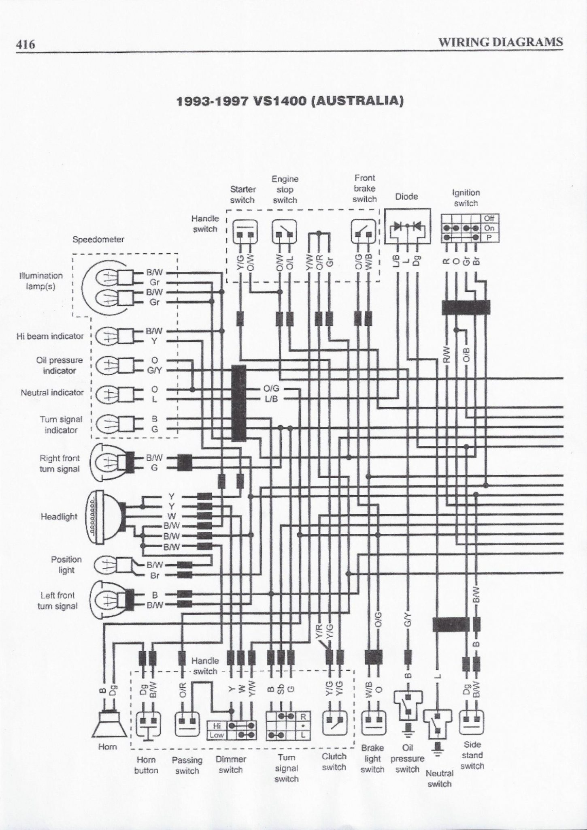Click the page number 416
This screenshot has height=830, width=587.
tap(25, 43)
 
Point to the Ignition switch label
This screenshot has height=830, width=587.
tap(466, 198)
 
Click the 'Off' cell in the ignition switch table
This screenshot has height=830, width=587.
tap(489, 218)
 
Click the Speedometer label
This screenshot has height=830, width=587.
tap(98, 240)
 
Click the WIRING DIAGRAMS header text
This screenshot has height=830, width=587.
tap(500, 42)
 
